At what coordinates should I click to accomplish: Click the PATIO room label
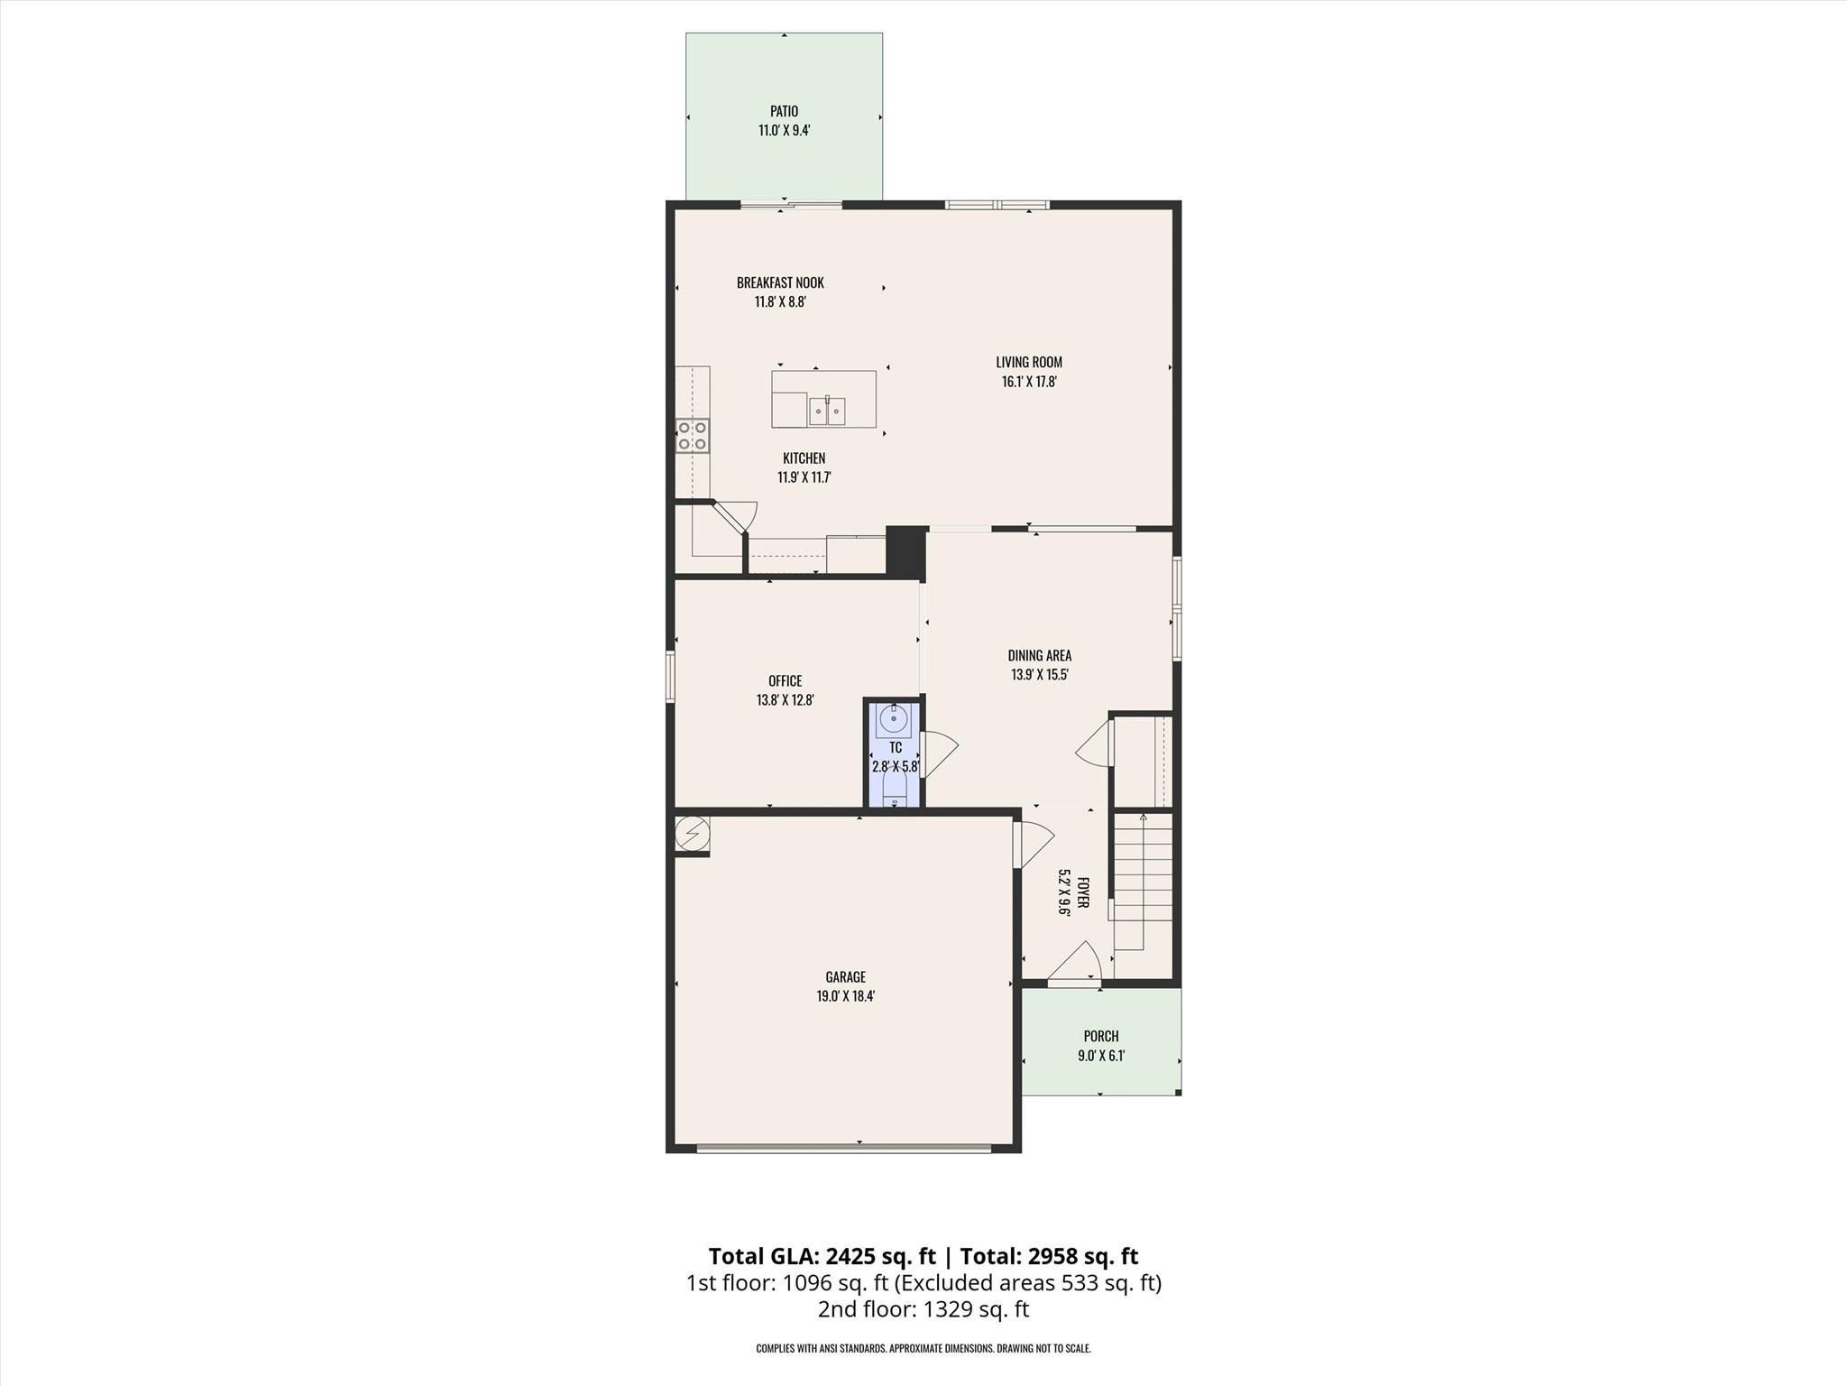784,111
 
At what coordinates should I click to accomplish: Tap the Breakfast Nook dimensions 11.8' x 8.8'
780,302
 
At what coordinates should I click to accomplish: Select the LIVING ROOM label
1029,362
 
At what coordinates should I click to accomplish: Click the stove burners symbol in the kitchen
693,436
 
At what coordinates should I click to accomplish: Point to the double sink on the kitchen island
827,411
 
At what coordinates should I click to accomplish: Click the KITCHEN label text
804,458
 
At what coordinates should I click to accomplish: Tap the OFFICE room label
785,680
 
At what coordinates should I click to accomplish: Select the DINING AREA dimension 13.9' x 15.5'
1040,675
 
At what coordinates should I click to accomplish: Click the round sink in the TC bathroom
894,720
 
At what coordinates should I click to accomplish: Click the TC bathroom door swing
938,753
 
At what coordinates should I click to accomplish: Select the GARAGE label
845,976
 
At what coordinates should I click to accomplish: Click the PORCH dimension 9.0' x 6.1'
1101,1056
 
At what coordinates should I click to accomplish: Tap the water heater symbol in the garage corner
693,834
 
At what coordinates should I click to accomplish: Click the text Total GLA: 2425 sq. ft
822,1256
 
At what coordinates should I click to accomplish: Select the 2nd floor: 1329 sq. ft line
923,1309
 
